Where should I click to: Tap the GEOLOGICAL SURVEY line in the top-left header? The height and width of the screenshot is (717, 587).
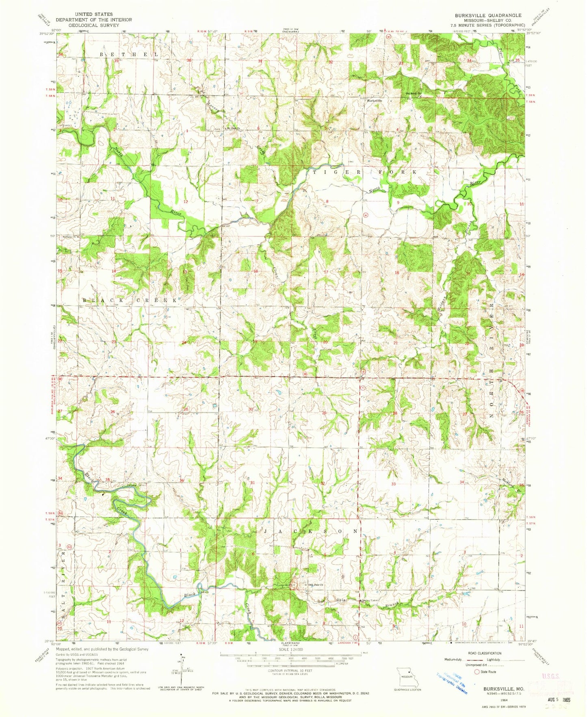click(84, 25)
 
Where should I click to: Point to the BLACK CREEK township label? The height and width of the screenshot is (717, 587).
click(130, 300)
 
